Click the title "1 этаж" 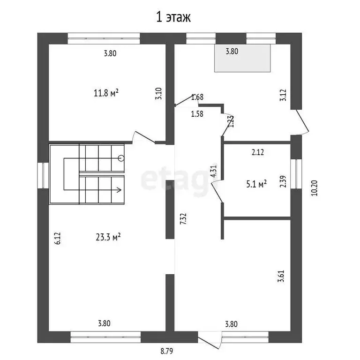pos(173,17)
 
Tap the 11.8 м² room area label pos(106,93)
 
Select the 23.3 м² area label pos(108,237)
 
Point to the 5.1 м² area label pos(256,184)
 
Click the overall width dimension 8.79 pos(167,351)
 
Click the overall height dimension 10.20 pos(315,188)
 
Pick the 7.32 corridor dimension pos(183,219)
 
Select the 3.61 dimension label pos(281,276)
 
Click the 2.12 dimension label pos(258,152)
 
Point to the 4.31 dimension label pos(214,172)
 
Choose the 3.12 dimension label pos(283,95)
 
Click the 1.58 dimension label pos(197,113)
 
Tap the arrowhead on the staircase pos(119,190)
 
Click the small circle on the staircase pos(121,158)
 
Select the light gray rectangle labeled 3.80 pos(242,58)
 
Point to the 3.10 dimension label pos(158,93)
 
